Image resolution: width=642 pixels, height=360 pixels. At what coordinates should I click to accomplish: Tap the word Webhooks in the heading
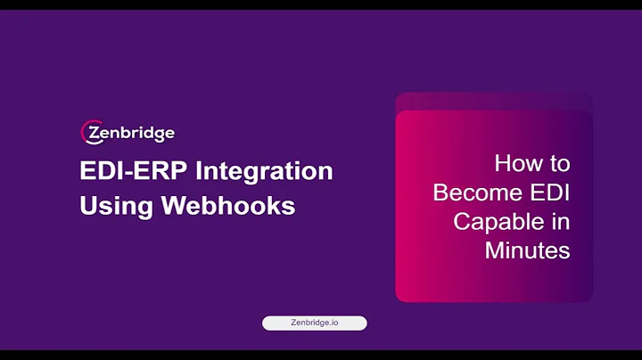point(227,205)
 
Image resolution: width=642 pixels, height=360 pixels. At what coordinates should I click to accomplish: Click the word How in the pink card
point(519,164)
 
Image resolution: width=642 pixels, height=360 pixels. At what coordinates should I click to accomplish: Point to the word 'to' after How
point(559,165)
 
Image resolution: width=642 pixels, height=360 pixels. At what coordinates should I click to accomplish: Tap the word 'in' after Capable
point(560,221)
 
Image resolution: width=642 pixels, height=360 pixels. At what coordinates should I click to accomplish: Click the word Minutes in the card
point(527,250)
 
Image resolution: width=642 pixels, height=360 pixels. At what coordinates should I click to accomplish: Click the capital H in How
point(502,164)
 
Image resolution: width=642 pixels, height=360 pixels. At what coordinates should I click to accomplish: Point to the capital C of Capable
point(462,221)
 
